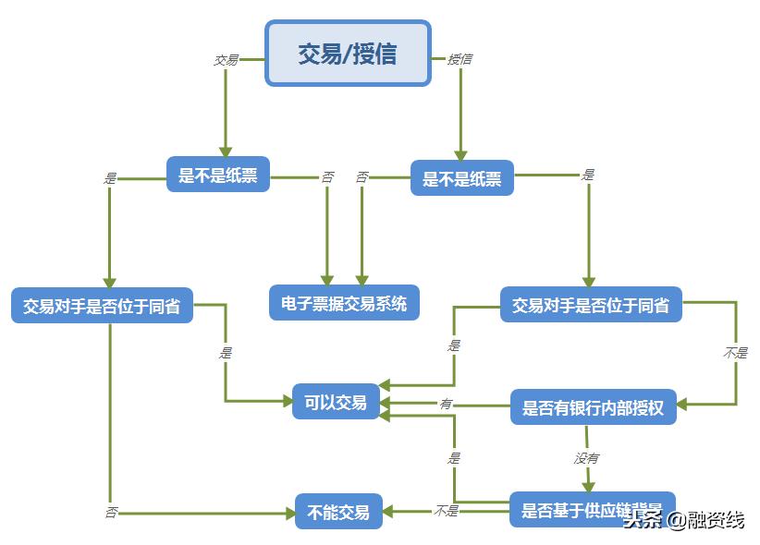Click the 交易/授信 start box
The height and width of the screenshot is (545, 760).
coord(348,54)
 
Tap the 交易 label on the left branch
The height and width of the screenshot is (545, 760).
coord(226,60)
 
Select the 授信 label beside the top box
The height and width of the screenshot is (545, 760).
coord(460,59)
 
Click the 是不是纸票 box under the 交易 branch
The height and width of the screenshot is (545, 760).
coord(218,175)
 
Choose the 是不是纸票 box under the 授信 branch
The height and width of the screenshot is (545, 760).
coord(461,178)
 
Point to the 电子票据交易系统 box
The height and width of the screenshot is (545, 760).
coord(344,303)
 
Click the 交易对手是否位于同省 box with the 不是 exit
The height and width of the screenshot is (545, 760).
coord(591,305)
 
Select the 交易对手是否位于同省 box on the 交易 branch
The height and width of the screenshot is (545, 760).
coord(102,306)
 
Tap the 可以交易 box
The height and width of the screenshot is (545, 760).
coord(336,402)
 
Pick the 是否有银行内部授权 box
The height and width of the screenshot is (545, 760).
coord(593,407)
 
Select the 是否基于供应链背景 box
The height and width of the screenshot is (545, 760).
coord(592,510)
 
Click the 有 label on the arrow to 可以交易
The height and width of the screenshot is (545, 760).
coord(446,404)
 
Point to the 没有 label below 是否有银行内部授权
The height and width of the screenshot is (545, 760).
coord(586,457)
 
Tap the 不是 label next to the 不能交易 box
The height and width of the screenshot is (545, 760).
coord(446,511)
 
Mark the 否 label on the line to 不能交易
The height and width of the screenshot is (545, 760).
coord(111,512)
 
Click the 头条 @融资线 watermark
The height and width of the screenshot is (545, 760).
coord(683,520)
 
